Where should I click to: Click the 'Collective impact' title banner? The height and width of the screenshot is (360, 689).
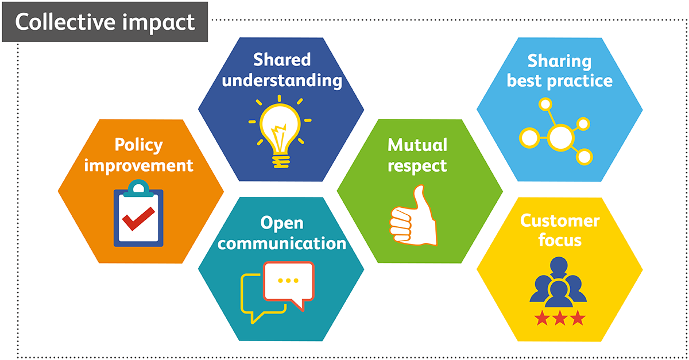[x=105, y=22]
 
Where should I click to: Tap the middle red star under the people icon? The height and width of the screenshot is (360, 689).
[x=559, y=318]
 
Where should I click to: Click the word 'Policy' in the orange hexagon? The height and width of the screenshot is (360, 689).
[x=138, y=145]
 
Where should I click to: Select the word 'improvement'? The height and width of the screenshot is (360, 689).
[x=138, y=165]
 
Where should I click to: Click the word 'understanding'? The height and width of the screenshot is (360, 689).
[x=281, y=79]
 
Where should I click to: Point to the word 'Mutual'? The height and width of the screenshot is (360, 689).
[x=417, y=145]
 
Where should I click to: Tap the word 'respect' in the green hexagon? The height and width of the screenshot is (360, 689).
[x=417, y=165]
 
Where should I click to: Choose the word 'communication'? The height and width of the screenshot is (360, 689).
[x=282, y=243]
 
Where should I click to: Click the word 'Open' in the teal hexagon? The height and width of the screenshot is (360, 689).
[x=281, y=222]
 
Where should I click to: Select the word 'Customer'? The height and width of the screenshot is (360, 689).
[x=559, y=220]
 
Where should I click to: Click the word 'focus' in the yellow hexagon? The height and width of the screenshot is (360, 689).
[x=559, y=240]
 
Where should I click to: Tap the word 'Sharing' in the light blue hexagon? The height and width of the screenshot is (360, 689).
[x=559, y=60]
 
